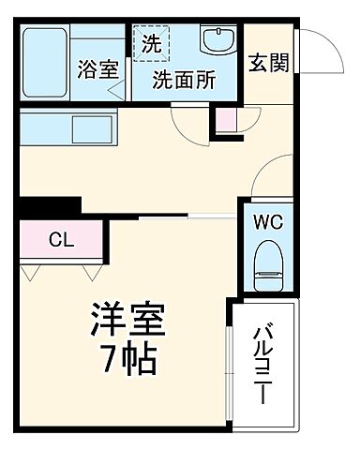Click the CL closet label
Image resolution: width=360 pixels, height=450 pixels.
coord(63,238)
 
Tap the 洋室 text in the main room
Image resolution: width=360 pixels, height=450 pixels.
coord(127,322)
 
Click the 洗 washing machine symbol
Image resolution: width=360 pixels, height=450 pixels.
coord(152,42)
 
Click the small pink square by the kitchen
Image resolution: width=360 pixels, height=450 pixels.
coord(224,119)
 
